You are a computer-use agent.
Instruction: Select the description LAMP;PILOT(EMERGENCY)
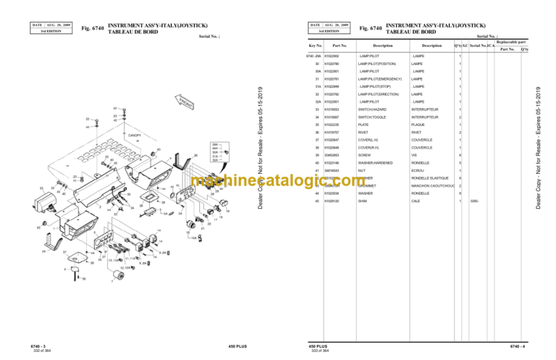click(x=378, y=78)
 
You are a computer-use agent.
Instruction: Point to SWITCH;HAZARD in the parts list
click(x=372, y=109)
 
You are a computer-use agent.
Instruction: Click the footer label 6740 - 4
click(x=515, y=346)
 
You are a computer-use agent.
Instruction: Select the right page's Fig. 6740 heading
click(x=371, y=28)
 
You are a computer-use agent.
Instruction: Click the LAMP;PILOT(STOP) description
click(x=374, y=86)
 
